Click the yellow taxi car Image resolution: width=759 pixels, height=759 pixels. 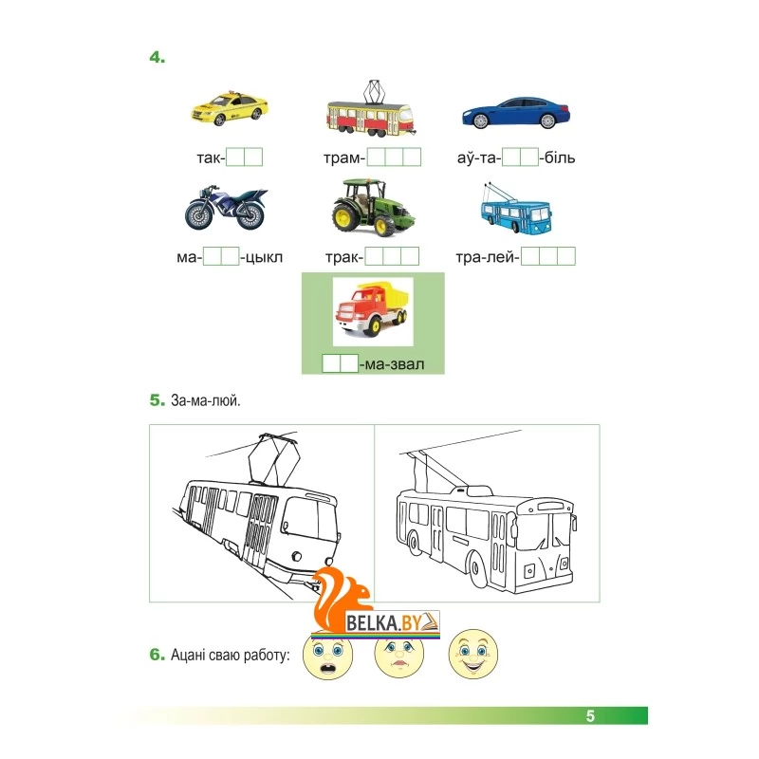[x=230, y=108]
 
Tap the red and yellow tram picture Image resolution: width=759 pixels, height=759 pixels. [x=371, y=109]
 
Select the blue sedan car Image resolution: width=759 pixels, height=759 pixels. [x=516, y=112]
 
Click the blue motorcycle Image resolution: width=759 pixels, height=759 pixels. [x=226, y=207]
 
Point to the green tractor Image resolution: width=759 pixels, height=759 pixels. [x=372, y=207]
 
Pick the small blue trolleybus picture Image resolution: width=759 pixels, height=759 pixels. [x=516, y=209]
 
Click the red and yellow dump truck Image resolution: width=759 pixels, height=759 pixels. [x=373, y=310]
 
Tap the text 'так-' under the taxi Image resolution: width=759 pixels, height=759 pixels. [x=211, y=157]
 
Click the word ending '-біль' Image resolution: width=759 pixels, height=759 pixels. [x=557, y=157]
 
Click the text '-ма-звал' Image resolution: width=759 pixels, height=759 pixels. [x=392, y=363]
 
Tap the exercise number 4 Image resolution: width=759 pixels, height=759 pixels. [x=157, y=58]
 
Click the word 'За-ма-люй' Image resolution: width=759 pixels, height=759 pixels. [x=205, y=400]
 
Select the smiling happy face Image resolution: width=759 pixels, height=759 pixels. [x=472, y=653]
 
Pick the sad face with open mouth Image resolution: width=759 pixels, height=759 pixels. [x=327, y=655]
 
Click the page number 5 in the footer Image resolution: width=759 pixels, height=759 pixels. [x=590, y=716]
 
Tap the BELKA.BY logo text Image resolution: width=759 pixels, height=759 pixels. [x=383, y=622]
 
